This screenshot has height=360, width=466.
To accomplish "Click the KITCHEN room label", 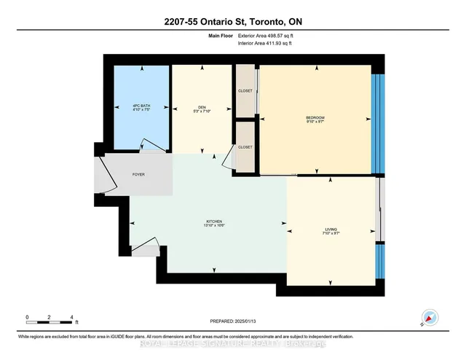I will point(213,222).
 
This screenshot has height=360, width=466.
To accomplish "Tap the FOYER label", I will point(138,175).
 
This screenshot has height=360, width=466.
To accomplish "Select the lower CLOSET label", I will point(245,147).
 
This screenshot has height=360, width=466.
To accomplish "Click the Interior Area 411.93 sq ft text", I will point(269,42).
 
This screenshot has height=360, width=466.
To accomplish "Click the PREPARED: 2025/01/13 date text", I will point(235,321).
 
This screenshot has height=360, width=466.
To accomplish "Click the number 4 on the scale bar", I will point(72,318).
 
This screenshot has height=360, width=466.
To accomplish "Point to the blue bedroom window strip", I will point(376,124).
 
